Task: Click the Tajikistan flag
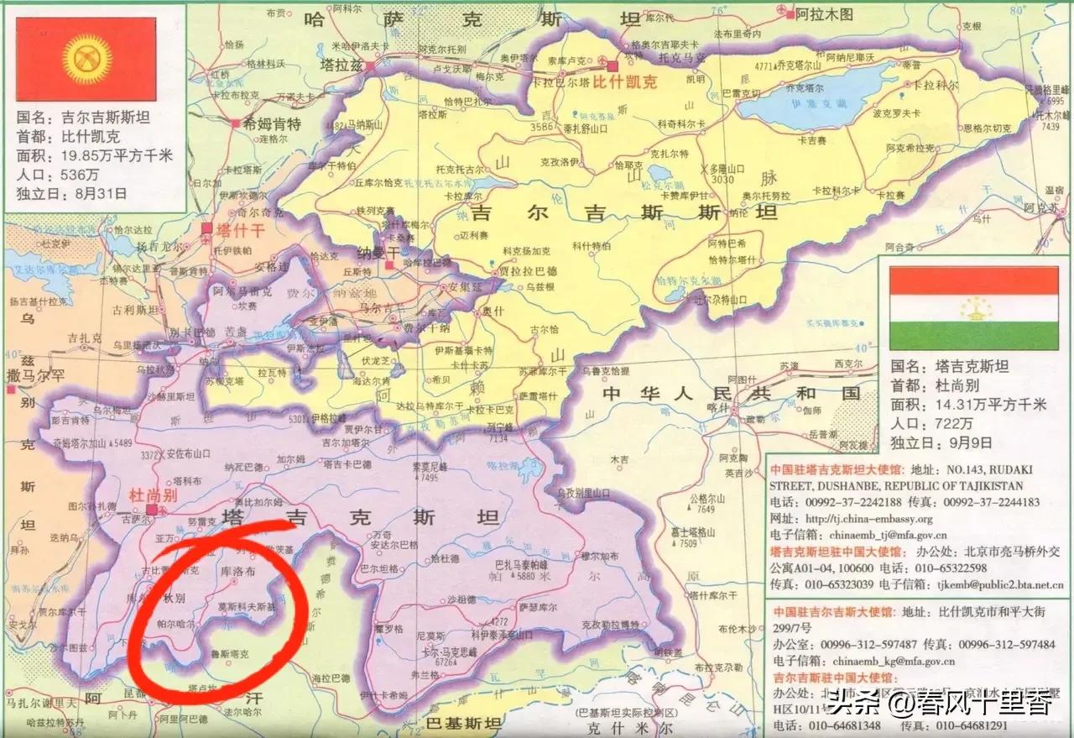point(974,308)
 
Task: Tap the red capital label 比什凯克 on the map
point(623,83)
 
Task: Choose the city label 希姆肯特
point(271,123)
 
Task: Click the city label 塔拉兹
point(341,63)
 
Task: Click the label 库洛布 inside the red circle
point(237,569)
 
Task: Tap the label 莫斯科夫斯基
point(246,605)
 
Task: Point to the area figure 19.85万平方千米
point(117,155)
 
